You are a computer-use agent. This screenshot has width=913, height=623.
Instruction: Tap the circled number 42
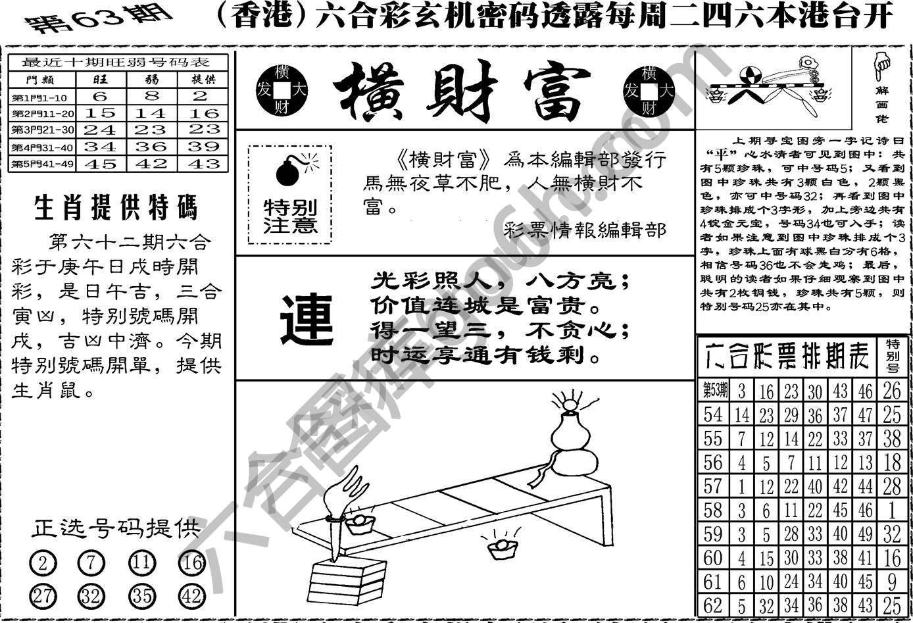(x=191, y=596)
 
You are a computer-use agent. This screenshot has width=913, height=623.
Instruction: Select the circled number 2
(x=43, y=563)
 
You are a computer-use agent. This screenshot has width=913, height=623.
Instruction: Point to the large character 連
(x=307, y=320)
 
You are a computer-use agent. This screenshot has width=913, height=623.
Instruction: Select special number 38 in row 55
(x=891, y=438)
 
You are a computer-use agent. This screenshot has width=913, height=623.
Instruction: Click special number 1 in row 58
(x=891, y=510)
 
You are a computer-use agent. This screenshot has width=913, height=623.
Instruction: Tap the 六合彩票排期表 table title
(x=787, y=356)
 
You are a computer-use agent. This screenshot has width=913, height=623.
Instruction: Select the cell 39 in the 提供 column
(x=205, y=147)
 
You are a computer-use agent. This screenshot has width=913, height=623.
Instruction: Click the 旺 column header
(x=101, y=80)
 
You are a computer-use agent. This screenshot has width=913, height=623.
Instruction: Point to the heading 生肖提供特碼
(x=116, y=209)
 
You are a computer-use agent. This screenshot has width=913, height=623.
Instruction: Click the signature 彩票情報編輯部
(x=585, y=230)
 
